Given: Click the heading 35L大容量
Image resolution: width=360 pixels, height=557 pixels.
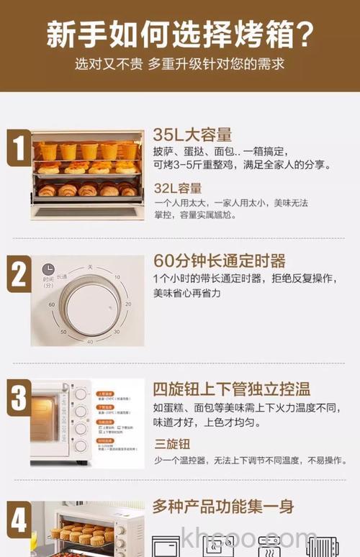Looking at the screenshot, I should tap(192, 135).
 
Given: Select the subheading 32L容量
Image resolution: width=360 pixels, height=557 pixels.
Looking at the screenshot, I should tap(178, 189).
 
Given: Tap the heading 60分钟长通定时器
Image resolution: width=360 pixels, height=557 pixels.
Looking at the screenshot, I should tap(220, 260).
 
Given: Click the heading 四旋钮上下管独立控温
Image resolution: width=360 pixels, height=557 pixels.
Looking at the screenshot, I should tap(231, 389).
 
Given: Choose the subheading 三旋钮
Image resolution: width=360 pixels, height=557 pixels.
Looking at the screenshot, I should tap(171, 443).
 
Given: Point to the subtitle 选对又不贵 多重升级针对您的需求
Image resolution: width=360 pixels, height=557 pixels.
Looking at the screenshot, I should tap(180, 64).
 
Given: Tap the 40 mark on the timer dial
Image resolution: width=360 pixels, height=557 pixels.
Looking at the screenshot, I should tap(90, 341).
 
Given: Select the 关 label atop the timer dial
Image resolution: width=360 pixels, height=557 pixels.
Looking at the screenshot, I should tap(91, 267).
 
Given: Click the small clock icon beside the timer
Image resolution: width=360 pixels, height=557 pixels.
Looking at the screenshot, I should tap(48, 268).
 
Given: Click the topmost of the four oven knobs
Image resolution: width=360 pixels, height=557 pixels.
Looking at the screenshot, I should tap(81, 394).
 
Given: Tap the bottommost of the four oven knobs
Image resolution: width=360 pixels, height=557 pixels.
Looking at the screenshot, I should tap(81, 445).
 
